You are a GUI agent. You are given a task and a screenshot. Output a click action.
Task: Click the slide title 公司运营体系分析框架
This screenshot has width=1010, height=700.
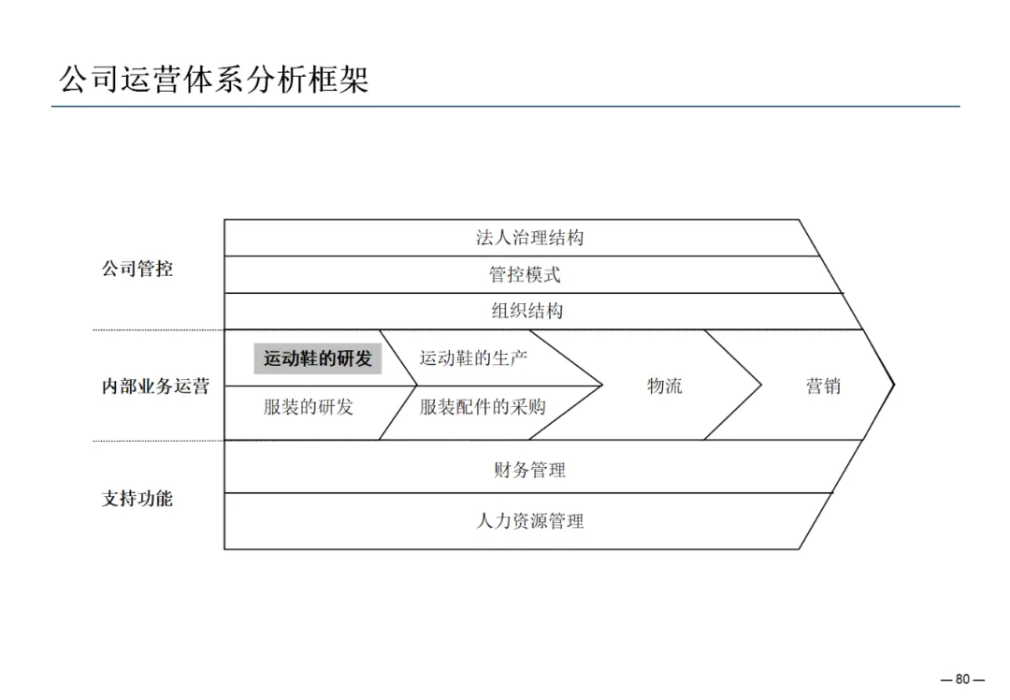coord(214,79)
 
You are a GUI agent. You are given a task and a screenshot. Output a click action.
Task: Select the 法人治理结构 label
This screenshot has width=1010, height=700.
coord(529,238)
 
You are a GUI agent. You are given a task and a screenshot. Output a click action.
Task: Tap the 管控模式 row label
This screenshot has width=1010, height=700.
coord(525,274)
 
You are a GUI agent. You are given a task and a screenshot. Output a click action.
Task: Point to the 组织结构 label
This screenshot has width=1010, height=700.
coord(527,311)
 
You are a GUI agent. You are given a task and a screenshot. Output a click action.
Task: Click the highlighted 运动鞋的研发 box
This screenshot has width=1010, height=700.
coord(317,358)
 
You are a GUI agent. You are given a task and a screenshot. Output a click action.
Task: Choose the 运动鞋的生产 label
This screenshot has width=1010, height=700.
coord(473,357)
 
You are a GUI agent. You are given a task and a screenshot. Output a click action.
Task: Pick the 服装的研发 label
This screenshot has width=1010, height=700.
coord(309,407)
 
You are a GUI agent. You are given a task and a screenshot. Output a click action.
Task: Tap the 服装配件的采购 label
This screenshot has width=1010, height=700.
coord(483,407)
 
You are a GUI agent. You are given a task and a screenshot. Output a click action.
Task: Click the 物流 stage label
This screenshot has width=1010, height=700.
coord(665,386)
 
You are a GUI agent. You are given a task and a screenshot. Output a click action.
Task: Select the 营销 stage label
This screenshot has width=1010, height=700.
coord(823,386)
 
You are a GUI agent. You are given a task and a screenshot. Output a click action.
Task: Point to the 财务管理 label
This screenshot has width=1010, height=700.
coord(529,470)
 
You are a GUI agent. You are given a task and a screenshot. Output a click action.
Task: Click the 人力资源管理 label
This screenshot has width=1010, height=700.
coord(529,521)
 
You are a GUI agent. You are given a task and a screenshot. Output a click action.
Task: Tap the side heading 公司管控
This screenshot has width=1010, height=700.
coord(137,270)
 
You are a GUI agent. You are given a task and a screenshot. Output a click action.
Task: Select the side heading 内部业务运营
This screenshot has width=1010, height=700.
coord(155,386)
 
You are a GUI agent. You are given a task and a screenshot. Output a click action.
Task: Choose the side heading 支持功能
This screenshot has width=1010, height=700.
coord(137,499)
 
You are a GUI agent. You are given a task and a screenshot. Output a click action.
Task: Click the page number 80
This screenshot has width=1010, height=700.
coord(963,680)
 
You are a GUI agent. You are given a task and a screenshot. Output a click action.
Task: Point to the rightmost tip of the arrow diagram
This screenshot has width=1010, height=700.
coord(894,384)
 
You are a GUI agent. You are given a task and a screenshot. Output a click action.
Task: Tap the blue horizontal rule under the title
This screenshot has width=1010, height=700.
coord(505,107)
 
